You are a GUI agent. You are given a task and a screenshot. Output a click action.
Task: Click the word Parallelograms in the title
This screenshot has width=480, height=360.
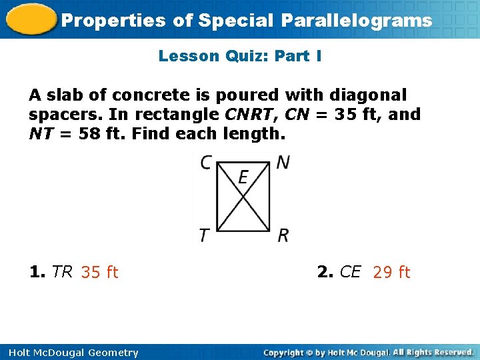point(357,20)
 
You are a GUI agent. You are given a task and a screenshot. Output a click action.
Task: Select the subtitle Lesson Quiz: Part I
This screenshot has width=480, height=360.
point(240,56)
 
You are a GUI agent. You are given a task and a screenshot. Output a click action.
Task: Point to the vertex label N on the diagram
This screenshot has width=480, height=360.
point(283,163)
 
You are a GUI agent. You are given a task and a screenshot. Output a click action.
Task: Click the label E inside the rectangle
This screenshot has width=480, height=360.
point(243,177)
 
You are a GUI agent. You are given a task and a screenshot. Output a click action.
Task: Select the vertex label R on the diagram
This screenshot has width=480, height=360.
point(283,235)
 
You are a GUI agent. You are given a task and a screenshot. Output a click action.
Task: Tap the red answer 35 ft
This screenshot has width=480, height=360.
point(99,272)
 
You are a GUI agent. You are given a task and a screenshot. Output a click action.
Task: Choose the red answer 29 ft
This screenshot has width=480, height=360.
point(391,272)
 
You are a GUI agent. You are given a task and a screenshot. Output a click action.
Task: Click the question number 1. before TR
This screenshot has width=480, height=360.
point(37,271)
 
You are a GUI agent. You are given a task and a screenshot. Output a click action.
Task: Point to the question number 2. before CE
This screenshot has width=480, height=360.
point(325,271)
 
